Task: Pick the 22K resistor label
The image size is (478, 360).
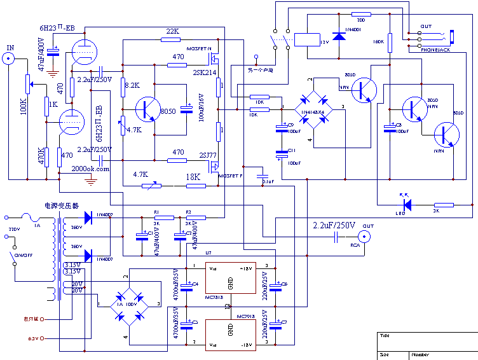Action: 173,31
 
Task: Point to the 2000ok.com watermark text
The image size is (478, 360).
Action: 91,169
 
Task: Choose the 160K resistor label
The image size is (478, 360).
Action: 379,41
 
